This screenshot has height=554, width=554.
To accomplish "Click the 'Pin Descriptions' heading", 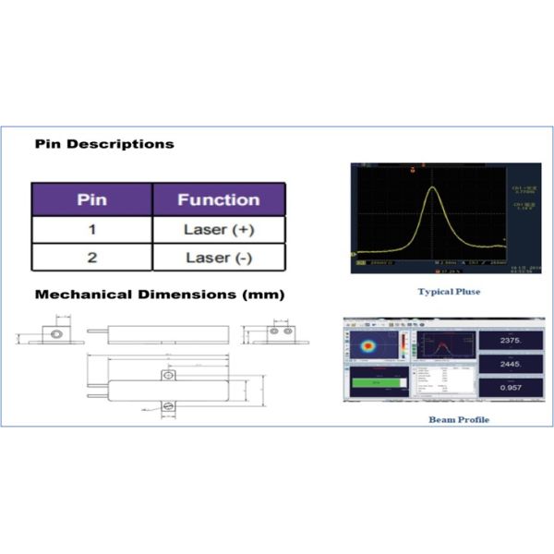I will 103,144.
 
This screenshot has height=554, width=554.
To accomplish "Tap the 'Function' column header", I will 218,199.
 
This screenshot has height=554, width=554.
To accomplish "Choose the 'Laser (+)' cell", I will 218,229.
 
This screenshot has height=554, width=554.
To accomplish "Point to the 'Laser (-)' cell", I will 218,258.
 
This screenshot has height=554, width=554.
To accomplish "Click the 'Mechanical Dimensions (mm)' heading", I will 159,295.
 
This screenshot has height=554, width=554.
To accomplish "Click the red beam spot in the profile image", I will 367,347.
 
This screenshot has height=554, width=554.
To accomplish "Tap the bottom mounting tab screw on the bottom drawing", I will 167,404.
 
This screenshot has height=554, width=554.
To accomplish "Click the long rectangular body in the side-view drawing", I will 166,331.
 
